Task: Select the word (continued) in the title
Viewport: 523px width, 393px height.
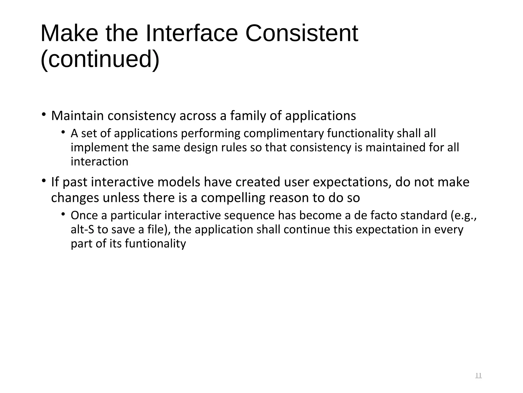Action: tap(100, 59)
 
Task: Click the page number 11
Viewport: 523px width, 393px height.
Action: tap(478, 375)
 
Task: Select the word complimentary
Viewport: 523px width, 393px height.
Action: tap(284, 133)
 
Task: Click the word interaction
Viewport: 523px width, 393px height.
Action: tap(99, 162)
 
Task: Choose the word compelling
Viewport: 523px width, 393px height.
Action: tap(233, 198)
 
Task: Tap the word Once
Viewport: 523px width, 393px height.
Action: tap(84, 215)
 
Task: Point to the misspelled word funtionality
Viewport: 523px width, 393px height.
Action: tap(155, 244)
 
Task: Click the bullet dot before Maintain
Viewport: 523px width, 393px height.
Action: tap(44, 114)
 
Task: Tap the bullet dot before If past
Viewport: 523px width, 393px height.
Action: tap(44, 181)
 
